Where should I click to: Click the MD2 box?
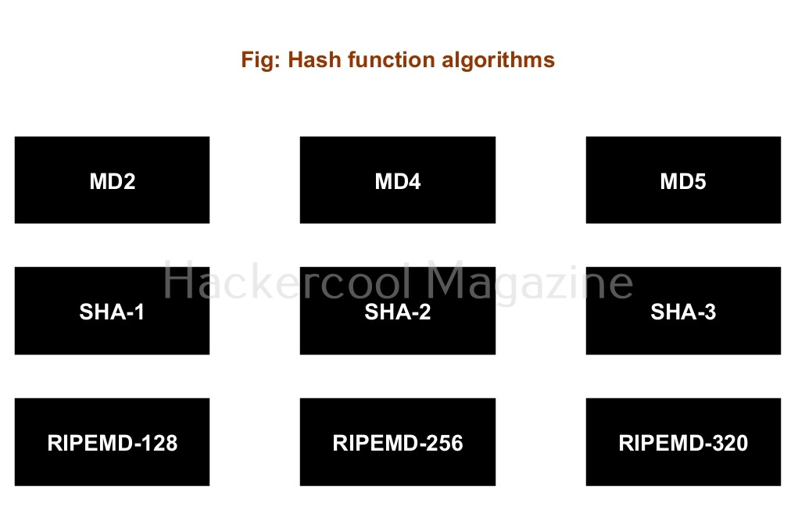(x=112, y=180)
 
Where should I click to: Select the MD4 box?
(x=397, y=180)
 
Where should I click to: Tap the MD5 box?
(x=683, y=180)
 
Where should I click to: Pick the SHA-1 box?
(x=112, y=312)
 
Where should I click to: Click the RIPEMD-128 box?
(x=112, y=442)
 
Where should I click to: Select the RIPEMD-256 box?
(x=397, y=442)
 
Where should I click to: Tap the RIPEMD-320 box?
(x=683, y=442)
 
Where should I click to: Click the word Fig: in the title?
(x=261, y=60)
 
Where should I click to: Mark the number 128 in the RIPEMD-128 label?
(x=159, y=443)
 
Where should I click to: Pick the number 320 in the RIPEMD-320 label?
(x=729, y=443)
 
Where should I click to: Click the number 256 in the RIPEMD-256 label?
(x=444, y=443)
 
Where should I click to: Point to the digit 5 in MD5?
(x=700, y=181)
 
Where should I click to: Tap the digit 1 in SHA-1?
(x=139, y=312)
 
